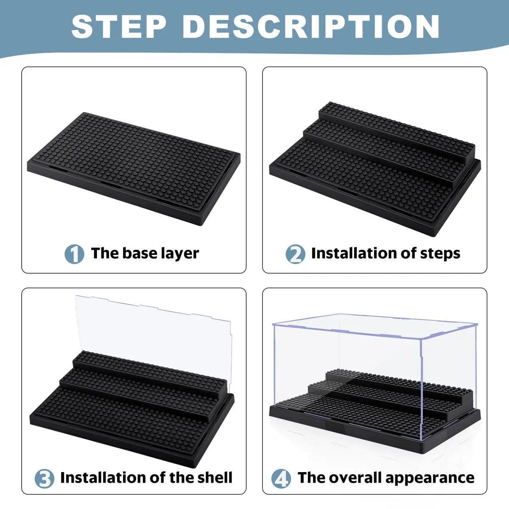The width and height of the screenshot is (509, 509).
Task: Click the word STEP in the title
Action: click(x=119, y=26)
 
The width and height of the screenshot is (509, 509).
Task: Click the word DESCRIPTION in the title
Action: click(x=311, y=26)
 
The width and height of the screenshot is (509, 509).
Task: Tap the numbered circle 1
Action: click(x=75, y=254)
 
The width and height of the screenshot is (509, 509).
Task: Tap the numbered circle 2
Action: click(x=295, y=254)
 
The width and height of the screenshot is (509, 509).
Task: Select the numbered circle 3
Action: click(x=45, y=478)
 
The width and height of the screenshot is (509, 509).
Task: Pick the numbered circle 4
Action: click(x=281, y=478)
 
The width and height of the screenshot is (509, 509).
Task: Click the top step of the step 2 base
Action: click(x=397, y=129)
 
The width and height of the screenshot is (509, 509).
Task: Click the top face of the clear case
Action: click(x=375, y=326)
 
